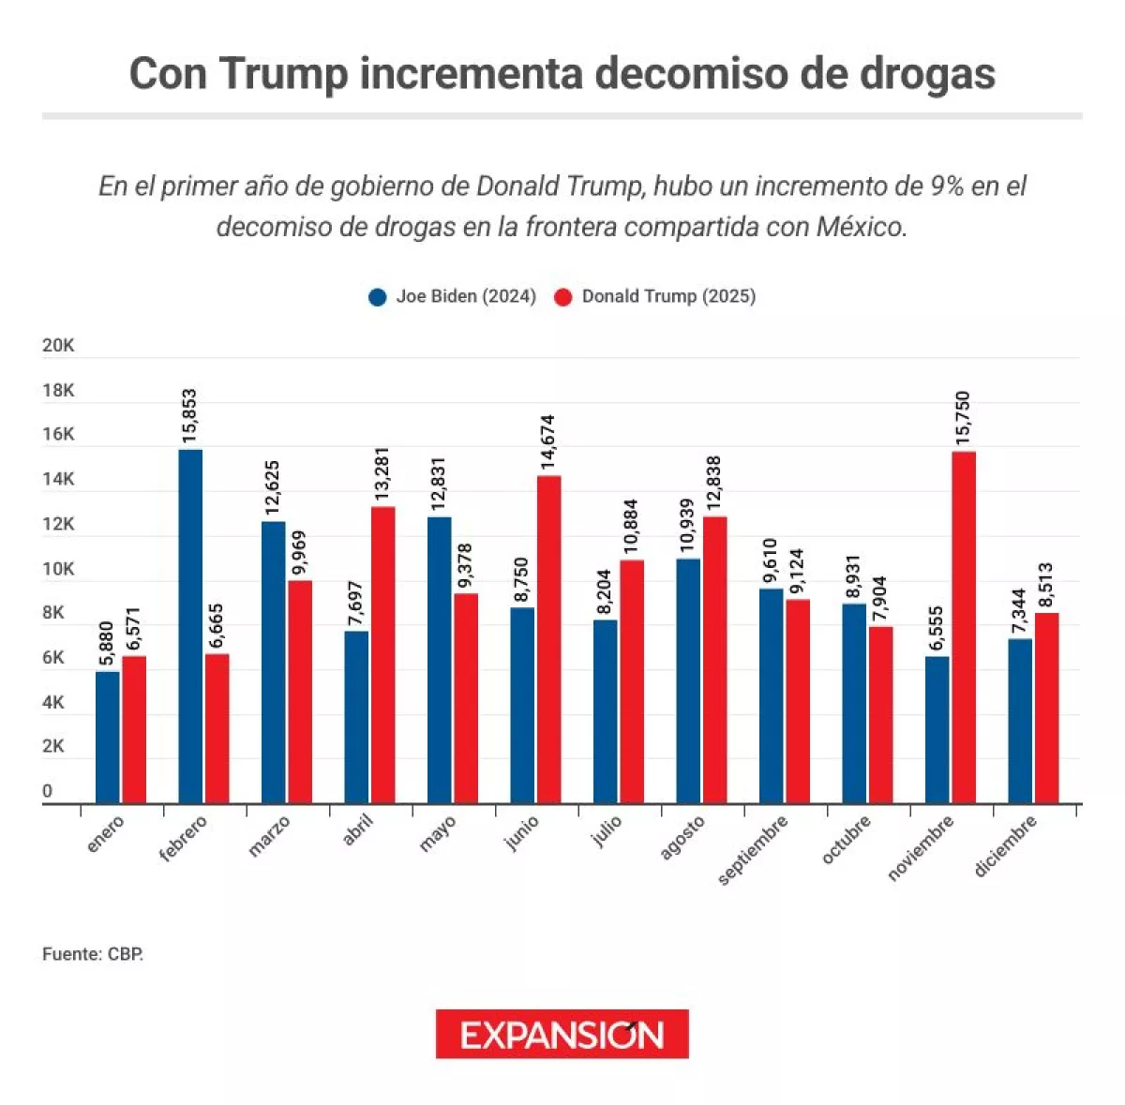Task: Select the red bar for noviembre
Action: [964, 627]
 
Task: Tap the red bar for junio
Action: [549, 639]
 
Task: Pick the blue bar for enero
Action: [108, 737]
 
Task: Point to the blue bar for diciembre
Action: [1020, 721]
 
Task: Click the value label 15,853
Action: [190, 416]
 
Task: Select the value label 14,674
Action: [549, 442]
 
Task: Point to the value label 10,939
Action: [688, 525]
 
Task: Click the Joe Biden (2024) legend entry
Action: [454, 297]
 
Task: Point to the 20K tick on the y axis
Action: [58, 346]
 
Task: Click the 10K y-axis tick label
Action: [58, 569]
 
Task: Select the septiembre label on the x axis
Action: [753, 850]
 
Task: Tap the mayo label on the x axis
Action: [437, 834]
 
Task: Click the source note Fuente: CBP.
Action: [93, 954]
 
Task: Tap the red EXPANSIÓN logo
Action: [562, 1034]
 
